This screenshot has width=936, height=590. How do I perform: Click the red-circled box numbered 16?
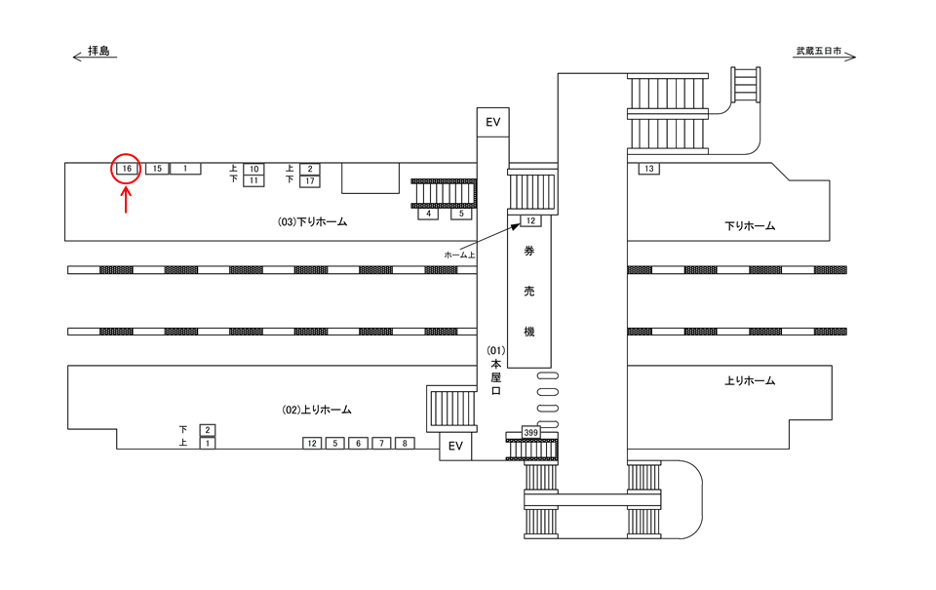coord(127,169)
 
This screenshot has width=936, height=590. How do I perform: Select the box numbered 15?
coord(157,169)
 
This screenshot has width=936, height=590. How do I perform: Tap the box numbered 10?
coord(253,169)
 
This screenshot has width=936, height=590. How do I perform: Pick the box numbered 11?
coord(253,180)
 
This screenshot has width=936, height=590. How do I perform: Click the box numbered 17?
coord(310,181)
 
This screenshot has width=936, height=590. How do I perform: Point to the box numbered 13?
coord(649,169)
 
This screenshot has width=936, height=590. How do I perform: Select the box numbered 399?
coord(530,432)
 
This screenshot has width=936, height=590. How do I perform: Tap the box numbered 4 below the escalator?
coord(429,214)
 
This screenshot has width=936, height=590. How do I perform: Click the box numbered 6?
coord(358,443)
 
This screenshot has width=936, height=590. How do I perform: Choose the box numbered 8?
coord(405,443)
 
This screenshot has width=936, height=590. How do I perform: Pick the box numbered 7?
coord(381,443)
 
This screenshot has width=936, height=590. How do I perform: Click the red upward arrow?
coord(126,201)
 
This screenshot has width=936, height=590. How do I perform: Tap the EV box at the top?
coord(492,123)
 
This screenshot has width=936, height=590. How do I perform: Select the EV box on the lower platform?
coord(455,446)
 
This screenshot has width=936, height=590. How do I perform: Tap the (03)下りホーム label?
coord(312,221)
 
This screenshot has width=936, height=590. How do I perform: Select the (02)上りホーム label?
coord(316,410)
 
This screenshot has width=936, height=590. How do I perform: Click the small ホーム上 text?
coord(459,255)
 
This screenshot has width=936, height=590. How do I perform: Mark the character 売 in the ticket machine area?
coord(528,292)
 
